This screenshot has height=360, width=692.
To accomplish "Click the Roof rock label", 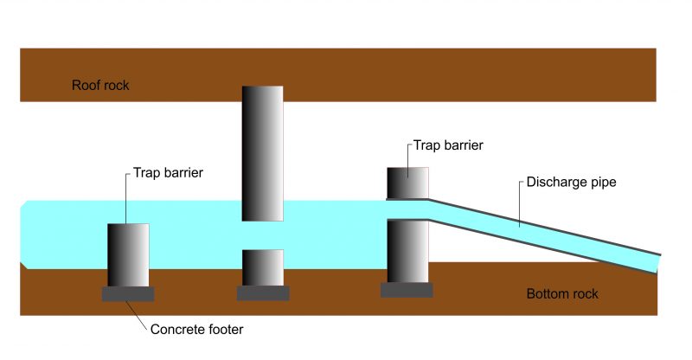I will click(100, 86).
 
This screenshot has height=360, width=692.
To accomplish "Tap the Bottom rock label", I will click(562, 294).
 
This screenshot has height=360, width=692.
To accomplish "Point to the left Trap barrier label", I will click(168, 173).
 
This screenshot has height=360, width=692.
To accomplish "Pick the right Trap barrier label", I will click(447, 145).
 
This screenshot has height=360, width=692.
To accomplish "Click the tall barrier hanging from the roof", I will click(262, 152).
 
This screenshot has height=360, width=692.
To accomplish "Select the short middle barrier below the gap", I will click(262, 267).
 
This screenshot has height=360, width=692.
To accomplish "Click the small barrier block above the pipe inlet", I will click(407, 183).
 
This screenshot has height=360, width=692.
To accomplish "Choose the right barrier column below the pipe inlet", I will click(407, 251).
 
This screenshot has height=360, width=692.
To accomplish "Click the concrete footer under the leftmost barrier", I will click(128, 294).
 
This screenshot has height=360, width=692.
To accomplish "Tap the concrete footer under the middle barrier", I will click(262, 293).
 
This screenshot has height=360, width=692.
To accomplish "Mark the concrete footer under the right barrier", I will click(407, 290).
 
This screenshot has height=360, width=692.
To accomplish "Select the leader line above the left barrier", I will click(126, 198).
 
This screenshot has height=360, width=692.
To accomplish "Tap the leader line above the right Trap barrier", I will click(407, 155).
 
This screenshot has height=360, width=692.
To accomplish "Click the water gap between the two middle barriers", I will click(262, 235).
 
